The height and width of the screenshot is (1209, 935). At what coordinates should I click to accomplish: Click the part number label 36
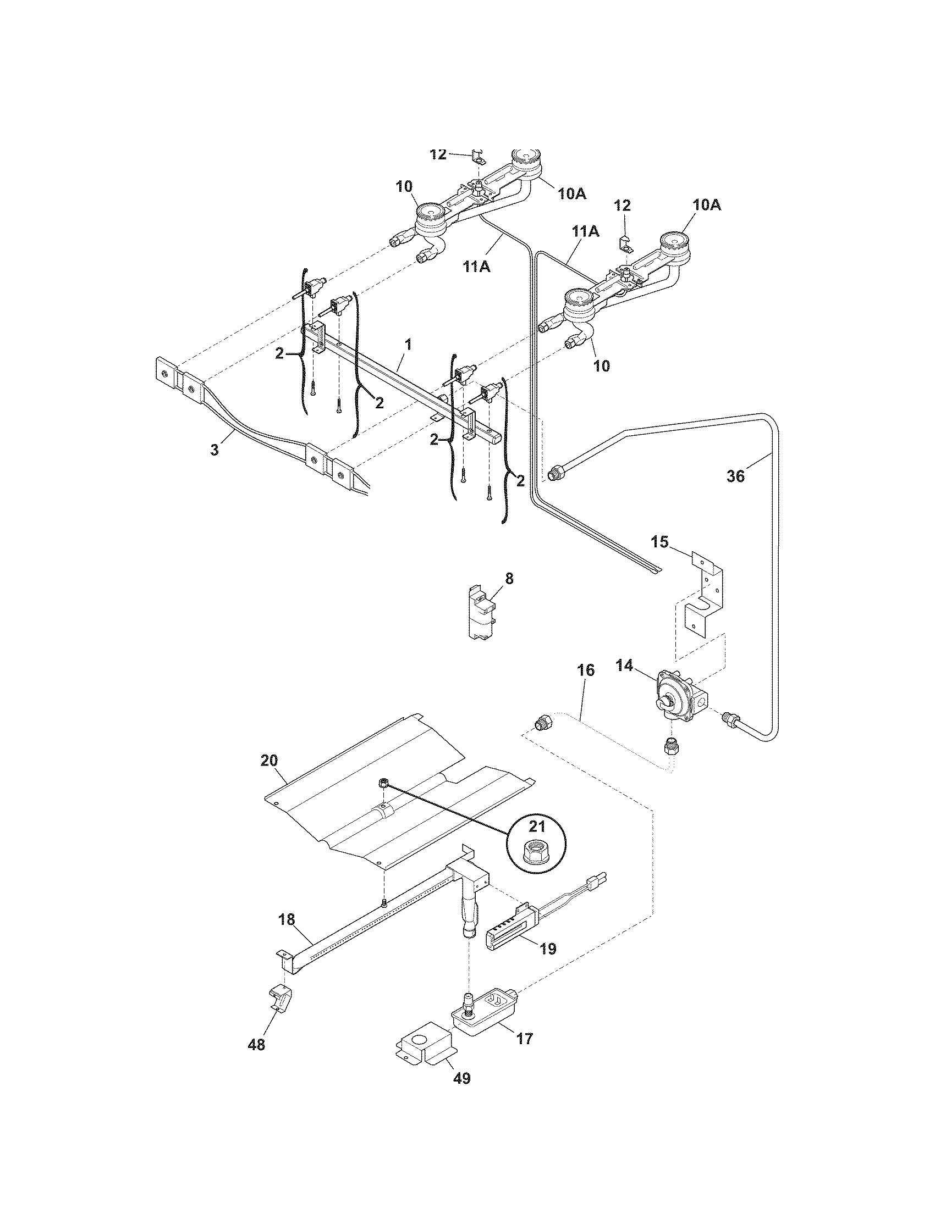[735, 475]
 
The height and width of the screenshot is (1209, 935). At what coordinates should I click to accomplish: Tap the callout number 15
[659, 541]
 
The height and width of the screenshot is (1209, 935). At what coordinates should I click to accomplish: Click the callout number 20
[268, 761]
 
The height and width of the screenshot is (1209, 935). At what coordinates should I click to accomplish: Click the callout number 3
[215, 450]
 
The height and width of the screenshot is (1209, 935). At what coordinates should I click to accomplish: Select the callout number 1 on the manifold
[408, 345]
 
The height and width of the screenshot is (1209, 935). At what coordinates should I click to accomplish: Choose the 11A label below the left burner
[477, 267]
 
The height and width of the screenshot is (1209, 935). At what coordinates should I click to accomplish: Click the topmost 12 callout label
[438, 154]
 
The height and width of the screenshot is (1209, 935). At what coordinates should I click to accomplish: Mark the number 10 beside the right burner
[602, 365]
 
